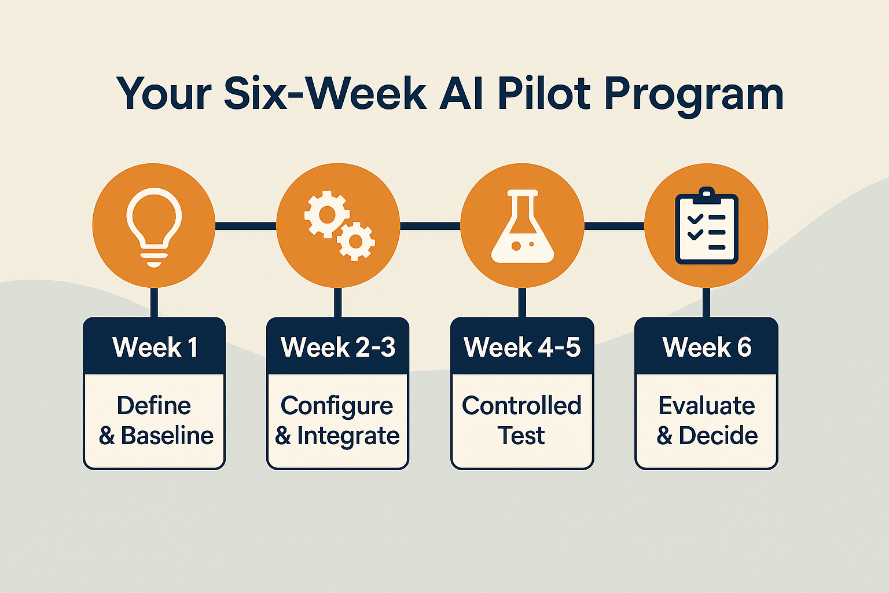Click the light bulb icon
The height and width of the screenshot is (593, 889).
pos(154,226)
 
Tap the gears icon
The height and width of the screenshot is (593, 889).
pos(339,226)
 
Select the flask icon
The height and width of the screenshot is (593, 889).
pos(522,227)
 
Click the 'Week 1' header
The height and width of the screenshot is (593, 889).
pos(155,347)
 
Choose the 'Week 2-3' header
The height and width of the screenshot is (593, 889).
pos(338,347)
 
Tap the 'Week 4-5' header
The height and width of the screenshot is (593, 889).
pos(522,347)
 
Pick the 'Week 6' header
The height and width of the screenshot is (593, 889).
pos(707,347)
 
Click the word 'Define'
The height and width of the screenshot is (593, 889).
pos(154,405)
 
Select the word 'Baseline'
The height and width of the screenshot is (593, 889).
pos(167,435)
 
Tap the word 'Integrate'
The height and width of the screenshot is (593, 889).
pos(348,436)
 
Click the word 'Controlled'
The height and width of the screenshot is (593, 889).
pos(521,405)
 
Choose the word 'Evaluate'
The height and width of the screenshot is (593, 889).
pos(707,405)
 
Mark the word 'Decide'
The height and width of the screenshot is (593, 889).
pos(718,435)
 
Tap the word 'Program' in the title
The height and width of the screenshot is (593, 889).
pos(694,94)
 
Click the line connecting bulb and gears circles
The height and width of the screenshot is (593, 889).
pos(246,226)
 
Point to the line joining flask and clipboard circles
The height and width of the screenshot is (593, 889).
pos(614,226)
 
